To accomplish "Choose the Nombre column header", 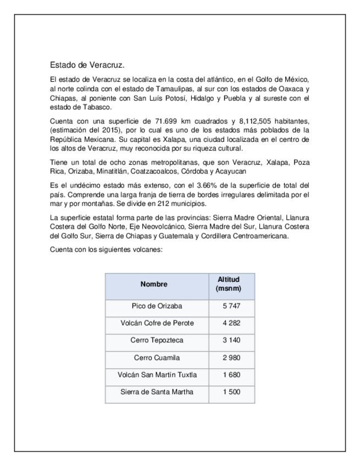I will (157, 285).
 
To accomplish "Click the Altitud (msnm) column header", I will (231, 285).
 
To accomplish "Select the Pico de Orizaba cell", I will (157, 306).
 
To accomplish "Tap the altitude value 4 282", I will (231, 323).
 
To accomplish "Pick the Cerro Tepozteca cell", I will (157, 341).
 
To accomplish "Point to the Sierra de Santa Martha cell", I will (157, 392).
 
